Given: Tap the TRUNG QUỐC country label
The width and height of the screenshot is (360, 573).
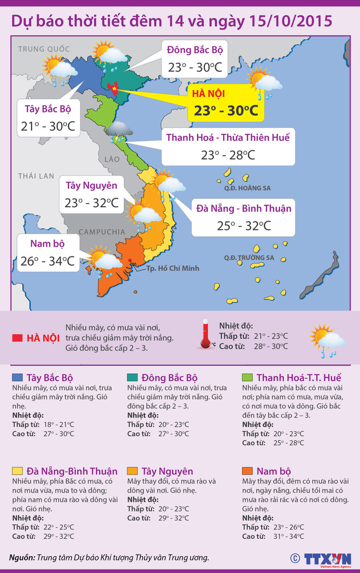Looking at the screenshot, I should (41, 49).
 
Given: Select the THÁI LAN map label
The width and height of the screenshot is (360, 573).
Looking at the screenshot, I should (36, 176).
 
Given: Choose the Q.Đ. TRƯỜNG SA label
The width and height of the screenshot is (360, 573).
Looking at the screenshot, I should (249, 258).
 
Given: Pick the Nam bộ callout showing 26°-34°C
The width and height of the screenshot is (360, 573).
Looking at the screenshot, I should (46, 253).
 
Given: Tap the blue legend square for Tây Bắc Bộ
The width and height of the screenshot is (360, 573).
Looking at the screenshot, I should (17, 378).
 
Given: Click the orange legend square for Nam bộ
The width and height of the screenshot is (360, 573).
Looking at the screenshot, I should (247, 471).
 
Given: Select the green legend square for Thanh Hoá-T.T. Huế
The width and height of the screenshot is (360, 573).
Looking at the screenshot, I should (247, 378).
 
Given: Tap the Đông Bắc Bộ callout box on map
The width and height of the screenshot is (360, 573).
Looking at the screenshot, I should (195, 59).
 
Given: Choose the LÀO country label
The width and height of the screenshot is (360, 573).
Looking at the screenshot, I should (105, 159).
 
